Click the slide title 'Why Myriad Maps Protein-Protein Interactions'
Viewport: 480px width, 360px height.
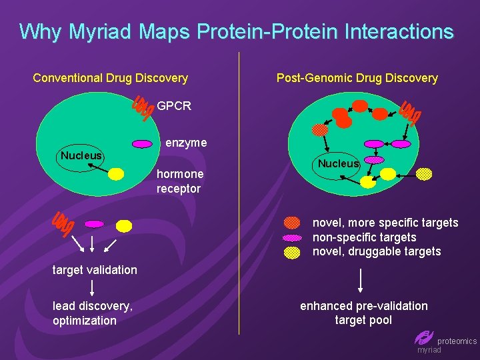[237, 31]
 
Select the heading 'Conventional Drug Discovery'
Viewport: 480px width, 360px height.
[110, 78]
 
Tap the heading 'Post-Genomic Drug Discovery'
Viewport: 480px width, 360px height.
[357, 78]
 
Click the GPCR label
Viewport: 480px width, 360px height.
[174, 106]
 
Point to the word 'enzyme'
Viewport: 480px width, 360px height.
[186, 143]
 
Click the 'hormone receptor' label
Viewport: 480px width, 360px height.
[179, 181]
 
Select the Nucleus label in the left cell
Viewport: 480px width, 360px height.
[81, 156]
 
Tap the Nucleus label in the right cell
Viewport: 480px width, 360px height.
[338, 163]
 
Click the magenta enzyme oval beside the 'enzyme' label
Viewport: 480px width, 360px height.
[143, 143]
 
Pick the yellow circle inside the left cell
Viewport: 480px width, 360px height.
[116, 175]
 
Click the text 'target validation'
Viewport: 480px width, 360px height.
[95, 270]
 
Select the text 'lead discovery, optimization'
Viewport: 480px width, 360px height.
[93, 313]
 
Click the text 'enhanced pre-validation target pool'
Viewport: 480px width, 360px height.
[364, 313]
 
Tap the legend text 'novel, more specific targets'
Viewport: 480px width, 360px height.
[385, 223]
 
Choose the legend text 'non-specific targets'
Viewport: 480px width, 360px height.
[364, 237]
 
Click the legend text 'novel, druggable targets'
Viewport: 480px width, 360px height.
[377, 251]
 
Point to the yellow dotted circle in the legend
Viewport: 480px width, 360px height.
[292, 252]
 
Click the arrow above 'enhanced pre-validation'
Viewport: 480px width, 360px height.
[361, 280]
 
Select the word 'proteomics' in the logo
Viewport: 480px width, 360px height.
[457, 341]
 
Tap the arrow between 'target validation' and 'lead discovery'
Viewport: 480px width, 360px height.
[92, 288]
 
